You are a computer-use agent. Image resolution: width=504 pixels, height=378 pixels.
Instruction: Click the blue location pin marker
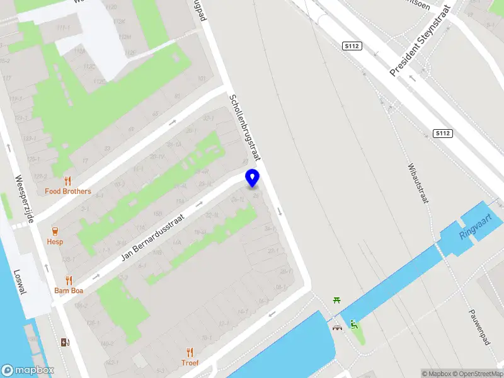(x=252, y=178)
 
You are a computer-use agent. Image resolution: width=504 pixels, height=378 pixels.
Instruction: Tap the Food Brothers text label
(x=68, y=192)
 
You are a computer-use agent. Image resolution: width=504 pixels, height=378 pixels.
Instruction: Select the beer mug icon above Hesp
(x=55, y=231)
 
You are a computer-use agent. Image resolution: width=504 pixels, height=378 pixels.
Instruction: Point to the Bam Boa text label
(x=69, y=291)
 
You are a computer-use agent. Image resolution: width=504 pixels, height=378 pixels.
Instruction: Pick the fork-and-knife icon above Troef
(x=190, y=352)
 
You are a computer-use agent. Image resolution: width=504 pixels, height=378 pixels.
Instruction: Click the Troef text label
(x=190, y=363)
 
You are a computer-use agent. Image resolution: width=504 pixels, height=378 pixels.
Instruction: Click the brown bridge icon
(x=337, y=327)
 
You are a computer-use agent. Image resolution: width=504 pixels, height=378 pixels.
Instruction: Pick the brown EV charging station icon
(x=64, y=343)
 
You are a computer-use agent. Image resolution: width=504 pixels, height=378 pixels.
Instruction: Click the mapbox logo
(x=28, y=370)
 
